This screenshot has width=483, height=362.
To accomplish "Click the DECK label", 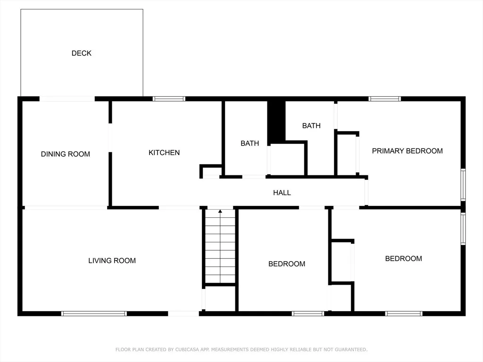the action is coord(81,53).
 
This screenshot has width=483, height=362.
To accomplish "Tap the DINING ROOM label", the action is coord(65,154).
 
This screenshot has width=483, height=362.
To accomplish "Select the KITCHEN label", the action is coord(164,153).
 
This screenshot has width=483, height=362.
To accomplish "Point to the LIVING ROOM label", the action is coord(112,261).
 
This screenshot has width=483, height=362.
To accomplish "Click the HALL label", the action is coord(282,193).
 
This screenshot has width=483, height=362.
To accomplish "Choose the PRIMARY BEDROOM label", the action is coord(407,151).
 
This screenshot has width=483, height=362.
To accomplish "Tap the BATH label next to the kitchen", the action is coord(250,143).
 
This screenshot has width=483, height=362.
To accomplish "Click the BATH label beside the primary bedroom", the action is coord(311,125).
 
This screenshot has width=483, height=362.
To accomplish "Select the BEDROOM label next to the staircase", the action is coord(286,264).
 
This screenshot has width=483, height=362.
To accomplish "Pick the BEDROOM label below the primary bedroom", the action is coord(404,259).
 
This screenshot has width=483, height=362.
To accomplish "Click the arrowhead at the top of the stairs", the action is coord(220,211).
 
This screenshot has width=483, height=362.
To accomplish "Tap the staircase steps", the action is coord(220,246).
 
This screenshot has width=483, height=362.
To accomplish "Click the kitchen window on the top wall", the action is coord(169,99).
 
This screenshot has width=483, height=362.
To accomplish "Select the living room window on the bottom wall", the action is coord(94,313).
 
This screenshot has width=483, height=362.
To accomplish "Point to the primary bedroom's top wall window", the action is coord(384,99).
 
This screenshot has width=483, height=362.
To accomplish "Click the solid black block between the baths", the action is coord(276,122).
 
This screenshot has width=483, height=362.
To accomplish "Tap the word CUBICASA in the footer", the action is coord(187,350).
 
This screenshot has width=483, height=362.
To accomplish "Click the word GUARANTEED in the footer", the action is coord(351,350).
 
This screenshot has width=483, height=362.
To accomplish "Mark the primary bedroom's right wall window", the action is coord(463,185).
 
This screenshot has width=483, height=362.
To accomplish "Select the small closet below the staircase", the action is coord(220,298).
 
